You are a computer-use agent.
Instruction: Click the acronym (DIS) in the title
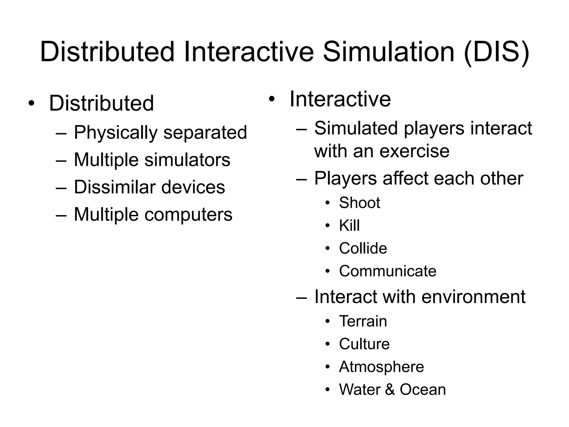point(496,52)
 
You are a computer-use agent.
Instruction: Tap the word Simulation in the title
point(389,52)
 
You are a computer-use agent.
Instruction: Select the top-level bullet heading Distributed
point(101,103)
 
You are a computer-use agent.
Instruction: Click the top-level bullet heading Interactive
point(340,99)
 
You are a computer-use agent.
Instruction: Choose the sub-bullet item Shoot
point(360,202)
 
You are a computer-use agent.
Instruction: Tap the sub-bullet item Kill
point(349,225)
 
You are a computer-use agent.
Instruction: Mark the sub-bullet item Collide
point(363,248)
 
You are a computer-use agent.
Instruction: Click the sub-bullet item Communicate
point(388,271)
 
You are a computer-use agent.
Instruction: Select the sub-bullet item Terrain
point(363,321)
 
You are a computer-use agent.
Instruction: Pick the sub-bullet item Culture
point(364,344)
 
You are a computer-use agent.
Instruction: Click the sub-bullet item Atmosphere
point(381,367)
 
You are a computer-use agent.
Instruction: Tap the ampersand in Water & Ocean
point(390,389)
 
